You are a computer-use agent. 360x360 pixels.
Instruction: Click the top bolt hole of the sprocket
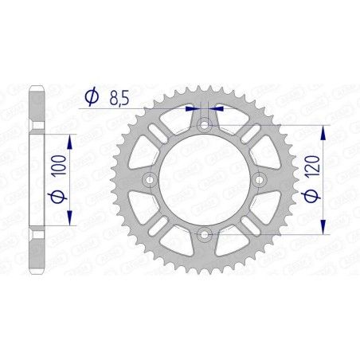click(x=205, y=124)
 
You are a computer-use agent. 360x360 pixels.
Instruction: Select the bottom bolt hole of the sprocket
click(x=205, y=233)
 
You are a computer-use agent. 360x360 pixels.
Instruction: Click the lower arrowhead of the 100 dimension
click(x=72, y=220)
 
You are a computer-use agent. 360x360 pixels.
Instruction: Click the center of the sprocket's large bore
click(x=205, y=179)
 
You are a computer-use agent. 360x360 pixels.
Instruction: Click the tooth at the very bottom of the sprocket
click(x=205, y=278)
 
